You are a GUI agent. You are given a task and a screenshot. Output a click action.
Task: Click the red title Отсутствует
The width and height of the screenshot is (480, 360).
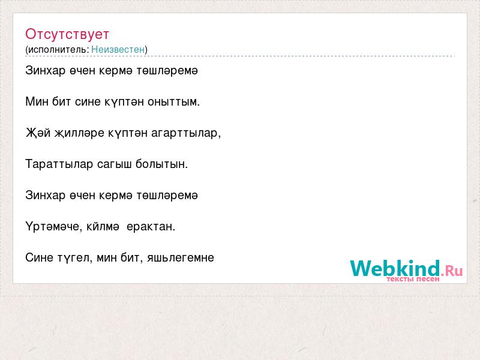(x=67, y=34)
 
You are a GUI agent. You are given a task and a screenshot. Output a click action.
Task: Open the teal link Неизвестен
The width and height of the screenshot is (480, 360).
(x=118, y=49)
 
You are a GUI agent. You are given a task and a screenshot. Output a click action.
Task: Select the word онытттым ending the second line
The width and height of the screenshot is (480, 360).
(x=173, y=101)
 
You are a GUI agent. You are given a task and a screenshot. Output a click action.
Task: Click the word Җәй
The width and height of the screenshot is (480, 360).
(x=38, y=133)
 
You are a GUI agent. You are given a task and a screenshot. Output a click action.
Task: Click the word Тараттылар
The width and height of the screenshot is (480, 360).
(x=59, y=164)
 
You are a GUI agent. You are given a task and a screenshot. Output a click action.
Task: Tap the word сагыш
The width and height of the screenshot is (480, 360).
(x=114, y=164)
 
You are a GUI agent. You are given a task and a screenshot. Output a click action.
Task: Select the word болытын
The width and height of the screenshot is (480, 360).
(x=161, y=164)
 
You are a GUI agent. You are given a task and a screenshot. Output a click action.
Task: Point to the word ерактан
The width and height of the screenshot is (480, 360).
(x=151, y=227)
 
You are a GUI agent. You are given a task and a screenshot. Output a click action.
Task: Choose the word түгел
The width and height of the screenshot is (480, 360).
(x=75, y=258)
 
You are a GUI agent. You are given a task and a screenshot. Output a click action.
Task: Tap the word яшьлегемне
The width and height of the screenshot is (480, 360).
(x=181, y=258)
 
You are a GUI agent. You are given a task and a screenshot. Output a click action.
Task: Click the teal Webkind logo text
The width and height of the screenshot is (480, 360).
(x=395, y=268)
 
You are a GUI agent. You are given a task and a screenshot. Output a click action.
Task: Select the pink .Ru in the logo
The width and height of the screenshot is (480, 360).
(x=452, y=271)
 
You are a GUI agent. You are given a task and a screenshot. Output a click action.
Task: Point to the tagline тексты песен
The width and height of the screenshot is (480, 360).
(x=413, y=279)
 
